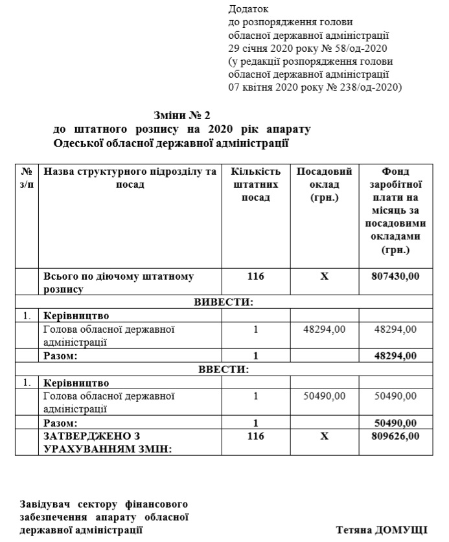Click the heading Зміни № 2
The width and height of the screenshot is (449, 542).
click(183, 115)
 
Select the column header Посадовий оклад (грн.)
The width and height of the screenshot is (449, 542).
click(325, 185)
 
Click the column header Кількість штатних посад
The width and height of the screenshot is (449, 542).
click(256, 185)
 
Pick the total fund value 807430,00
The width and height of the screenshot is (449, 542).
click(395, 277)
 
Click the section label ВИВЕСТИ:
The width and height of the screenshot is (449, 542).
click(223, 302)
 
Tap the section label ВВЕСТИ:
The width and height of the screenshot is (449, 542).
click(223, 369)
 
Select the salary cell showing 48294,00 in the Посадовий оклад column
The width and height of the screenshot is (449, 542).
click(324, 330)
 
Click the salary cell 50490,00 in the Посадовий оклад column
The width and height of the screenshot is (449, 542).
click(324, 396)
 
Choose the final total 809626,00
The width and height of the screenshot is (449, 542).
click(395, 436)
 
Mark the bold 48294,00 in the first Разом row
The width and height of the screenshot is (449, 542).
click(395, 356)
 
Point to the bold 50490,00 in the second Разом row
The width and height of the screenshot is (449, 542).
click(395, 422)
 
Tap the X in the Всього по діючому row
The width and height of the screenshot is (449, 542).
click(325, 277)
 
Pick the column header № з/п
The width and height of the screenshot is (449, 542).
click(27, 178)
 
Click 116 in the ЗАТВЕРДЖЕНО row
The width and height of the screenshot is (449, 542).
click(256, 436)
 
